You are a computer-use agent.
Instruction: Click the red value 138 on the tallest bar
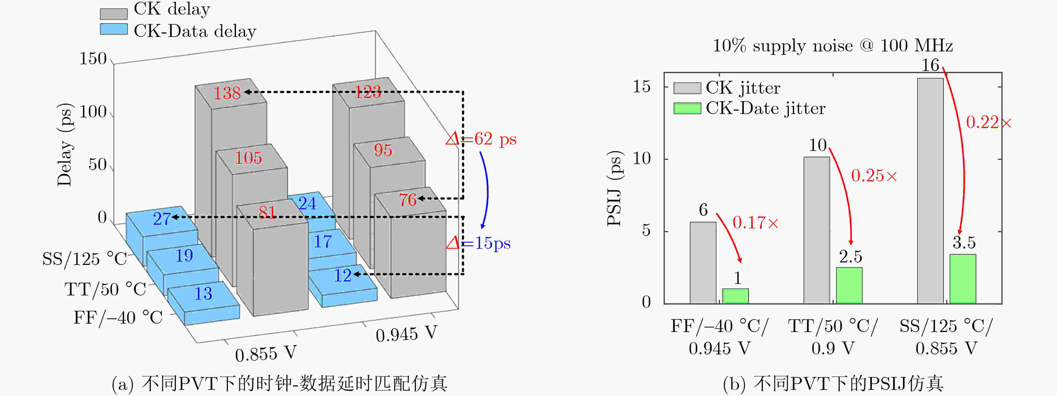coord(227,93)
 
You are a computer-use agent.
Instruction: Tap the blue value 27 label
coord(162,219)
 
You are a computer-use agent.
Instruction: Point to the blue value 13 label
coord(203,293)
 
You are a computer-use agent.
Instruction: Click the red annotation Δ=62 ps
coord(481,139)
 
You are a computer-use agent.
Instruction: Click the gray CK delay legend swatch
coord(114,13)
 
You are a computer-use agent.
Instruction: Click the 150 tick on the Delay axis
coord(93,59)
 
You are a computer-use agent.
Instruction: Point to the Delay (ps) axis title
coord(64,145)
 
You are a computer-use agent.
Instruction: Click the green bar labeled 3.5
coord(962,279)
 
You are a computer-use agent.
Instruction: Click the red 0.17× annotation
coord(755,223)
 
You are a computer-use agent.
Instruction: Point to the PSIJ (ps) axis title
coord(614,189)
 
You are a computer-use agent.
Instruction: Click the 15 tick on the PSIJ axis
coord(642,87)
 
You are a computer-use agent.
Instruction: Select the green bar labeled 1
coord(735,296)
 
